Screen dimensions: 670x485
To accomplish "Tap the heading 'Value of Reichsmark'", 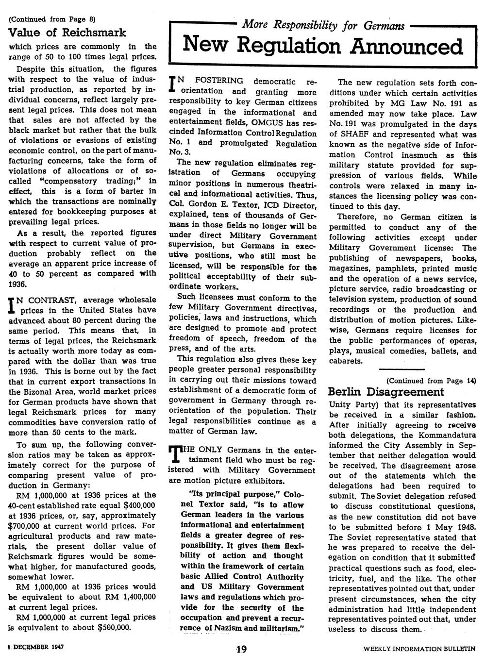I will [x=67, y=33].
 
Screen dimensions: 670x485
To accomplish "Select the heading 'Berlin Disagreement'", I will [x=386, y=392].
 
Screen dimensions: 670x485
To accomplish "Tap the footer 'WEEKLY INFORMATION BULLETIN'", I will [x=419, y=649].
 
